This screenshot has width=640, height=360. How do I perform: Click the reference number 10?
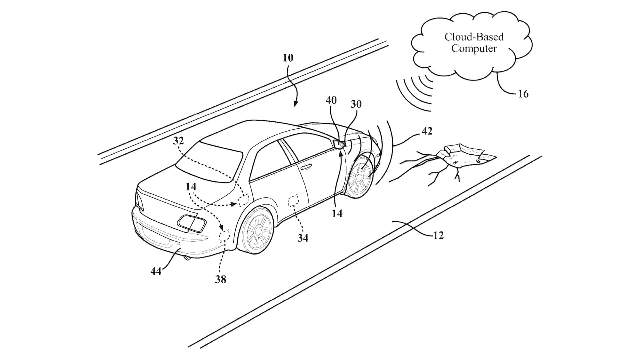[288, 58]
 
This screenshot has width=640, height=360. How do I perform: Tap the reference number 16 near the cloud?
[523, 94]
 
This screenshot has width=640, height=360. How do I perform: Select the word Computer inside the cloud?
[474, 49]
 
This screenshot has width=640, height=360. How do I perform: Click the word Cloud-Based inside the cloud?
[474, 37]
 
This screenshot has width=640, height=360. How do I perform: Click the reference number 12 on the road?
[438, 235]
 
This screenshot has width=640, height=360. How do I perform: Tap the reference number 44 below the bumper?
[156, 271]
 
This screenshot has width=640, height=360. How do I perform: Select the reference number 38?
[220, 279]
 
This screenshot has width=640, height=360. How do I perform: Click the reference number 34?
[303, 238]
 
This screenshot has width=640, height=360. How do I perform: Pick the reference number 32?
[178, 141]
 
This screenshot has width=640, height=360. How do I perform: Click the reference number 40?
[331, 100]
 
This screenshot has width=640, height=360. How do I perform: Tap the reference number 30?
[356, 104]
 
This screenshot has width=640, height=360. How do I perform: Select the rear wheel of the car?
[257, 229]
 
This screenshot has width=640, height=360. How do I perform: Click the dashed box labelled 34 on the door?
[293, 200]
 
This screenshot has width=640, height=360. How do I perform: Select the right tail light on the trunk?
[191, 223]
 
